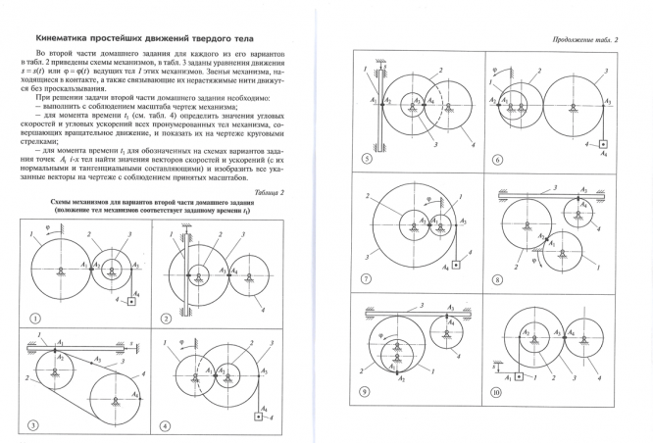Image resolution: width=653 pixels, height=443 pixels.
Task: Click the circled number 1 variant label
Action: pos(35,318)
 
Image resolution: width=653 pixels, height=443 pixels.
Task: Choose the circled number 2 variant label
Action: pos(167,319)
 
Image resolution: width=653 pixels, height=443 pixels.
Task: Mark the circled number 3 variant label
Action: pos(35,424)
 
